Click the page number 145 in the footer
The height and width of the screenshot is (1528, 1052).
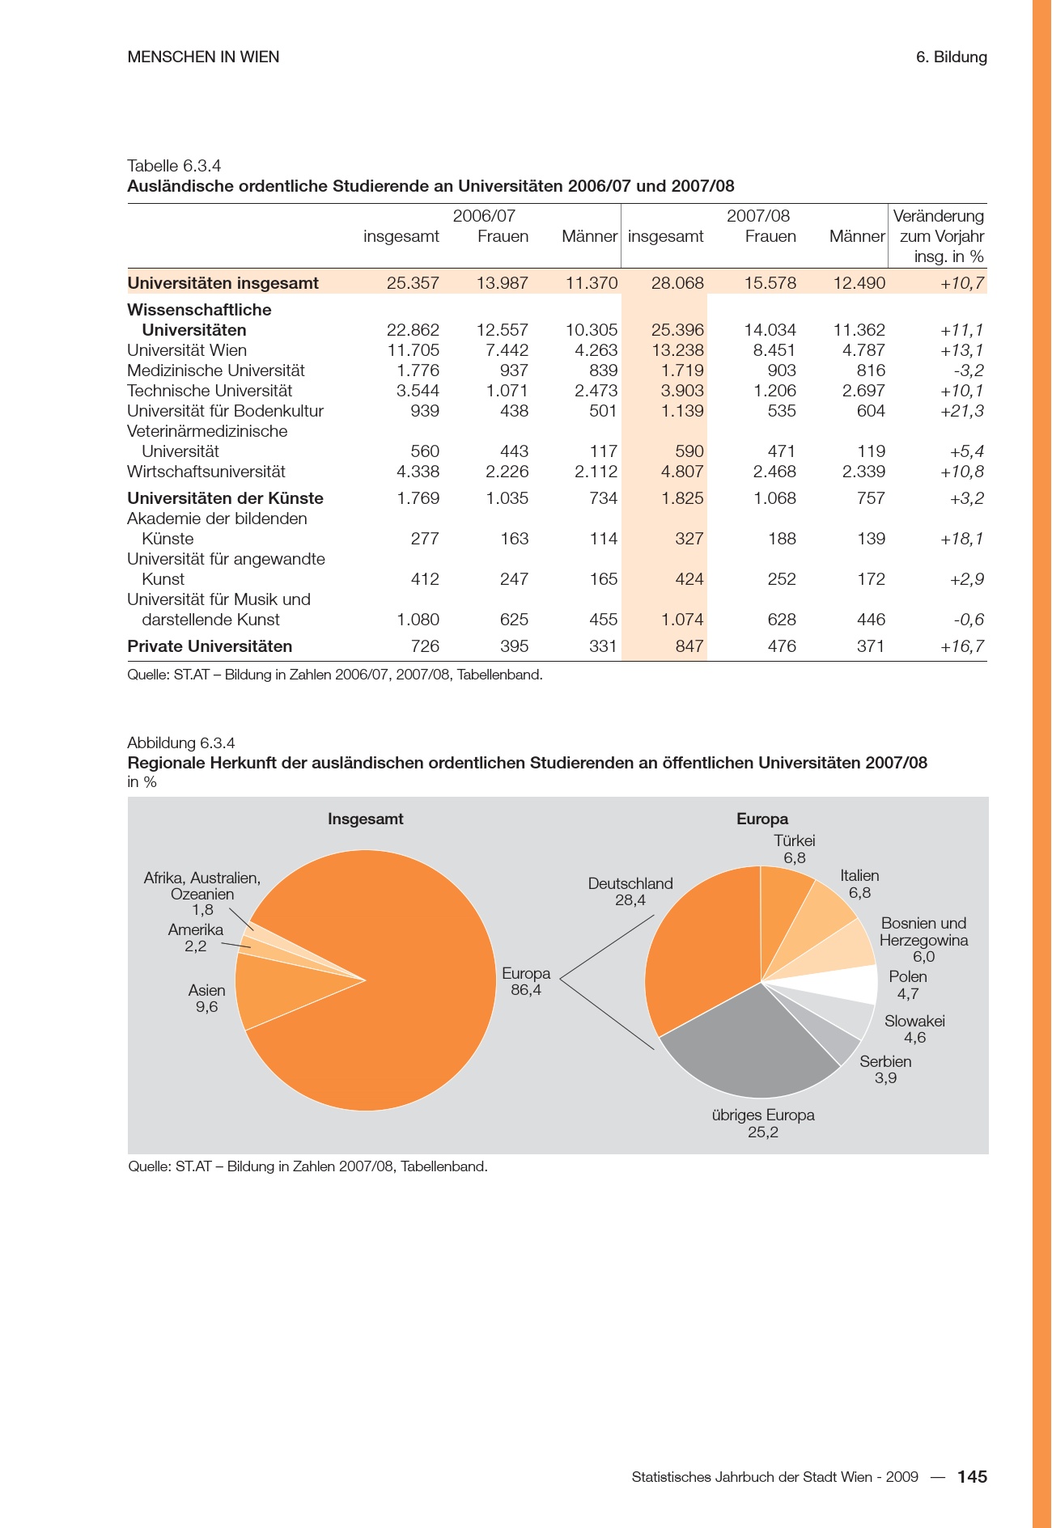coord(972,1476)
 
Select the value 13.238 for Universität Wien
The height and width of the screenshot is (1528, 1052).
coord(677,350)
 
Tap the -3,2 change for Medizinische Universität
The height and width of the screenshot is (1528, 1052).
coord(968,370)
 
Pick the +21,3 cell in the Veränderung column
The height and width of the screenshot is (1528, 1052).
coord(962,411)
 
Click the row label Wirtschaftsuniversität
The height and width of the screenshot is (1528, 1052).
coord(206,472)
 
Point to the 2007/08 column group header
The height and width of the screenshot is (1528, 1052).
coord(757,216)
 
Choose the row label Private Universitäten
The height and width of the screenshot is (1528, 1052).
coord(210,646)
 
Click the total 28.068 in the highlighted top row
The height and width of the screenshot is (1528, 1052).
coord(677,283)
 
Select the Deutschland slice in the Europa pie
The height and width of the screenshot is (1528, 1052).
coord(696,946)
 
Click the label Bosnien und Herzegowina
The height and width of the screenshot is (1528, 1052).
coord(923,932)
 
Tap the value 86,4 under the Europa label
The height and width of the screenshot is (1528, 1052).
coord(526,990)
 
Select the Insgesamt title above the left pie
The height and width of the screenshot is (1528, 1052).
coord(365,819)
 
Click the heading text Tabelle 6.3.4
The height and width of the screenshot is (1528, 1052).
coord(174,166)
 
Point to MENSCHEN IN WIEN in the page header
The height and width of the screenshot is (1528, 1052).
coord(203,57)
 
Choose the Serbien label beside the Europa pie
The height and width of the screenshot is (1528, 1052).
coord(885,1061)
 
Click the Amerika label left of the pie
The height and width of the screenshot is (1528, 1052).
coord(195,929)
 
